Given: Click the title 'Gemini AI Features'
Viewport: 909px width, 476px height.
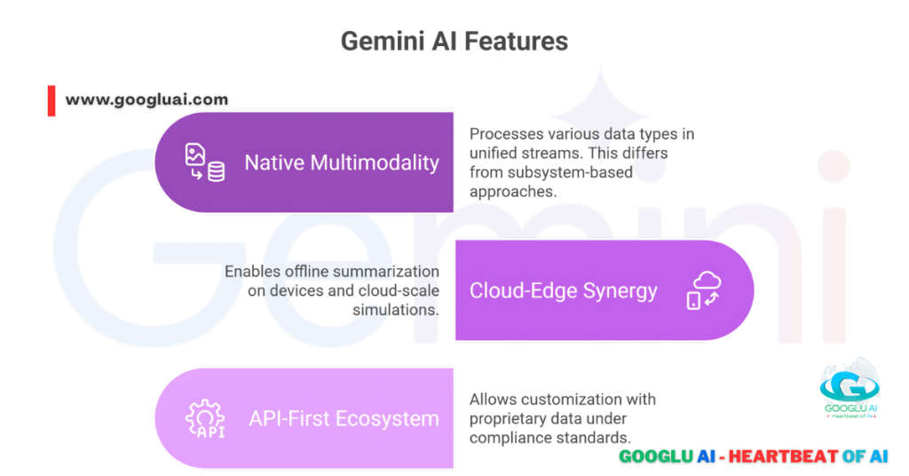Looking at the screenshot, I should coord(454,42).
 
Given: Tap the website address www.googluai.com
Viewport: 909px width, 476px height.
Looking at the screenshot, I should coord(146,99).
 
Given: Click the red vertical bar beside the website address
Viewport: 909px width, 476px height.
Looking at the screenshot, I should coord(51,100).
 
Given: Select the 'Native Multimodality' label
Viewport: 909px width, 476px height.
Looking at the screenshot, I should coord(342,163).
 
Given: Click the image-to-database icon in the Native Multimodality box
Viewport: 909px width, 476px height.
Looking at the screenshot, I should coord(204,163).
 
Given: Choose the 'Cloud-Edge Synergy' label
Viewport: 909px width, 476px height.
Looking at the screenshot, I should coord(564,290).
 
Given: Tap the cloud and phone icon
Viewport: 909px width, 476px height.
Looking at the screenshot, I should coord(702,290).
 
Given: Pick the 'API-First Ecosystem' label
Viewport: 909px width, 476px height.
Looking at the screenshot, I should coord(343,418).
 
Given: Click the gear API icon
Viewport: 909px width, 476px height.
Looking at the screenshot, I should coord(204,419).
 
